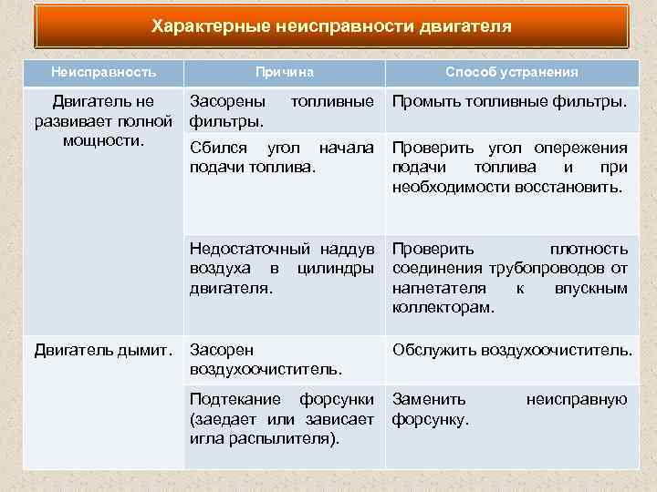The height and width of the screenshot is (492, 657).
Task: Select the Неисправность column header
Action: pyautogui.click(x=103, y=72)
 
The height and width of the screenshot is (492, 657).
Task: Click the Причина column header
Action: pyautogui.click(x=285, y=72)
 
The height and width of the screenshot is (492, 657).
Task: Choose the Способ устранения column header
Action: pyautogui.click(x=511, y=72)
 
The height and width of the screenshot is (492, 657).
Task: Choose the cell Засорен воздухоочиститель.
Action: pyautogui.click(x=265, y=359)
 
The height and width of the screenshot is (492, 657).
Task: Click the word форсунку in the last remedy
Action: pyautogui.click(x=430, y=419)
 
